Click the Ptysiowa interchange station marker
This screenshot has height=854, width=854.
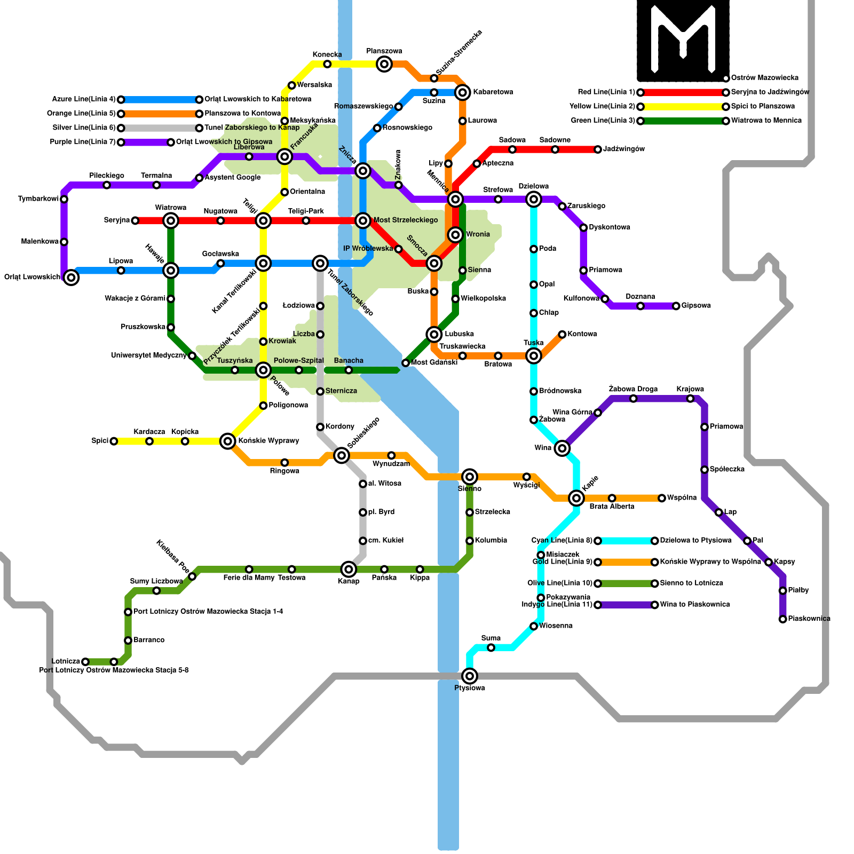[x=470, y=676]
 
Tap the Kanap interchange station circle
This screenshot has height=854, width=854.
[x=349, y=570]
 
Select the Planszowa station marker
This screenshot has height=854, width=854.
[x=384, y=65]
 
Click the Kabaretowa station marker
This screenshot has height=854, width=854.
[x=463, y=92]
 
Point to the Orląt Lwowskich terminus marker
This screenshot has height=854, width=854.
[x=71, y=277]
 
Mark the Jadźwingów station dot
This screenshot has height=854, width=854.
[x=598, y=149]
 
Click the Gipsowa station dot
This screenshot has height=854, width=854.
[x=676, y=306]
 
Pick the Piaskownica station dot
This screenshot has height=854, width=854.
[x=782, y=619]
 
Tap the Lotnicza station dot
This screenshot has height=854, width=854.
[x=85, y=662]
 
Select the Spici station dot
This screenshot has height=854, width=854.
[x=114, y=441]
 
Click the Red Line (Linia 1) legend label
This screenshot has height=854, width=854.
[x=606, y=92]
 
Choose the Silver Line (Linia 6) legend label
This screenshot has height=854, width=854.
[x=84, y=128]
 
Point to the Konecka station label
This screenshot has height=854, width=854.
[x=327, y=55]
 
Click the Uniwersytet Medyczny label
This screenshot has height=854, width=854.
[x=148, y=355]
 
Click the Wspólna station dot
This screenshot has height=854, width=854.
[x=662, y=498]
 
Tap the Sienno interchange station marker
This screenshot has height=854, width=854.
[x=470, y=477]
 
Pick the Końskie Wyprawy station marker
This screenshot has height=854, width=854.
[x=228, y=441]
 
